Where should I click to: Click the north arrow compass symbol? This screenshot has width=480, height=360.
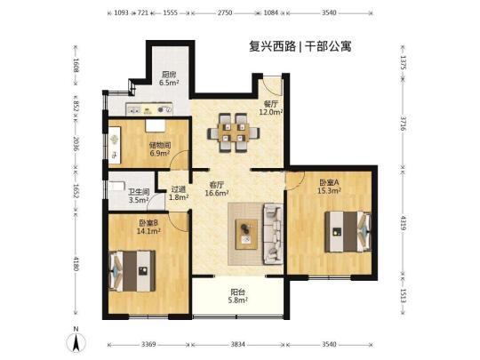(x=76, y=340)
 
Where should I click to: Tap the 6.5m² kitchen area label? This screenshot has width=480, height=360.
(x=169, y=83)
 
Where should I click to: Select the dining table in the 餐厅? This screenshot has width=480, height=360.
(x=234, y=132)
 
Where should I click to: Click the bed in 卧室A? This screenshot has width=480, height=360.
(x=348, y=231)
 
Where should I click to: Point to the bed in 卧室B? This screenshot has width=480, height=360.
(x=132, y=271)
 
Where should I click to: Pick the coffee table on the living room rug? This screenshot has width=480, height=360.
(x=246, y=234)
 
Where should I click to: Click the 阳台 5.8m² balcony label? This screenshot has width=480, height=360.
(x=237, y=297)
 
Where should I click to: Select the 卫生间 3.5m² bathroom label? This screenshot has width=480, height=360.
(x=139, y=196)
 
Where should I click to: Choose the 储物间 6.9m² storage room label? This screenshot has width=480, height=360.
(x=160, y=149)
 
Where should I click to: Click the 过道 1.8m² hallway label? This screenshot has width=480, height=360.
(x=178, y=194)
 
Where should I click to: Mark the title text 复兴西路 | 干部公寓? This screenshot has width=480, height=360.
(x=300, y=46)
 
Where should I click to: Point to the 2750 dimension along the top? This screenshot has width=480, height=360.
(x=225, y=12)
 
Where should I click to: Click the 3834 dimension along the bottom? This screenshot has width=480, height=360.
(x=237, y=344)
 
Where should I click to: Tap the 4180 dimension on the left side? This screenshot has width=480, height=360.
(x=76, y=263)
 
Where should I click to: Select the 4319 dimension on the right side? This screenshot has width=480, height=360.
(x=404, y=223)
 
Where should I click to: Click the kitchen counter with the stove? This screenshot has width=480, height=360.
(x=149, y=109)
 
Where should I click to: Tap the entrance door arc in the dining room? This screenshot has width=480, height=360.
(x=273, y=86)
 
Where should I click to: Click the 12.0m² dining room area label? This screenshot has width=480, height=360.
(x=270, y=112)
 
